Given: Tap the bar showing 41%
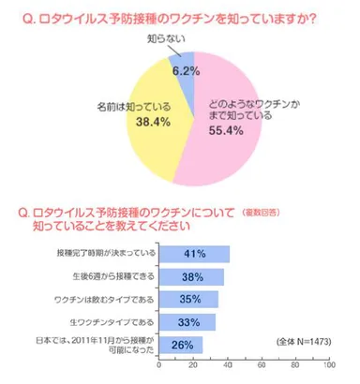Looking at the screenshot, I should (194, 253).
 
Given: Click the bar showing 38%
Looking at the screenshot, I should (191, 276).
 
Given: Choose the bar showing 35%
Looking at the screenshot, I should (189, 300).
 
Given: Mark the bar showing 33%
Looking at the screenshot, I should (187, 322).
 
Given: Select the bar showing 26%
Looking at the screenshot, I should (181, 346).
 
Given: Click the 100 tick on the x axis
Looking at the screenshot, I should (329, 367).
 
